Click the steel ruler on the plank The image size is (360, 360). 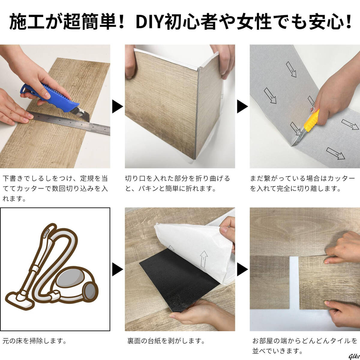69,123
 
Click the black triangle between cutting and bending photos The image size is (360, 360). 117,106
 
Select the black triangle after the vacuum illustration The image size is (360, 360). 117,269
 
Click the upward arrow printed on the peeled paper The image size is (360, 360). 203,259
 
